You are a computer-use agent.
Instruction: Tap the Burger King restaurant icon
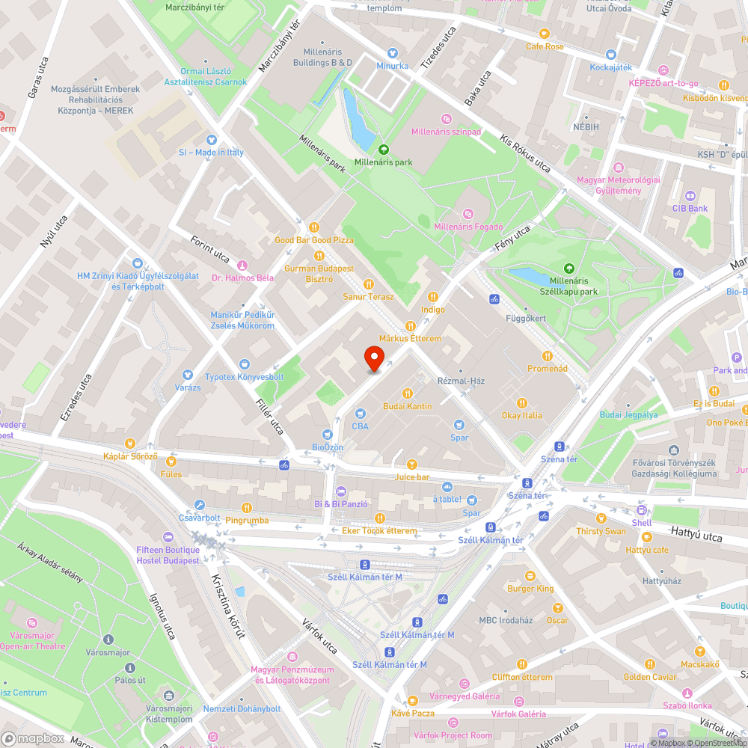coord(530,576)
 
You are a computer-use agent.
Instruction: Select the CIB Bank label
coord(690,209)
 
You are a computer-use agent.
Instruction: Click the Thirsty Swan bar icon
coord(600,518)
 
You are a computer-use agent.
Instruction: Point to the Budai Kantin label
coord(408,406)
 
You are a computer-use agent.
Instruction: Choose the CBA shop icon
coord(361,414)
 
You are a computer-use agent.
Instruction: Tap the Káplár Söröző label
coord(132,456)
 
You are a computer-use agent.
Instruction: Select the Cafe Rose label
coord(545,46)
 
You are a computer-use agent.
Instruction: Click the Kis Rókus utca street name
coord(526,155)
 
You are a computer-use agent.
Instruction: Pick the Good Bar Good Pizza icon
coord(314,227)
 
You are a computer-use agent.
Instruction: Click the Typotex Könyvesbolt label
coord(245,376)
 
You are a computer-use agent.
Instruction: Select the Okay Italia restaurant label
coord(521,415)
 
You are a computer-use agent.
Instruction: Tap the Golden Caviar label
coord(650,677)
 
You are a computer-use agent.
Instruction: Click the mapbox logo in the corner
coord(34,738)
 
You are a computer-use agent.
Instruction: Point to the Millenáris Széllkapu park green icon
coord(569,268)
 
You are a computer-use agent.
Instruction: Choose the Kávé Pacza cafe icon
coord(412,700)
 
